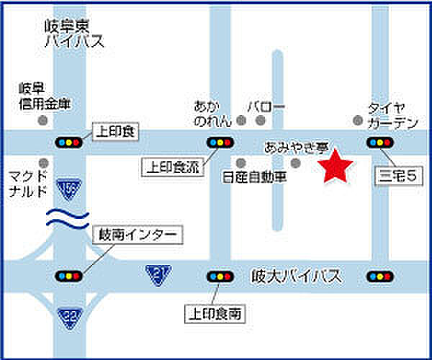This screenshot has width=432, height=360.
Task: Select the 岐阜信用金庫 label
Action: (45, 97)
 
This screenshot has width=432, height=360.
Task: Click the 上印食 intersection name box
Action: (115, 132)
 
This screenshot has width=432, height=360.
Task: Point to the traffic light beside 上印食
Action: (69, 142)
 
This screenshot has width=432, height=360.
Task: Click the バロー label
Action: (266, 107)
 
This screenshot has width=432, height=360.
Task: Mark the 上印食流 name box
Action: (174, 168)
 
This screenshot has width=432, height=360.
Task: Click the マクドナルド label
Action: (29, 184)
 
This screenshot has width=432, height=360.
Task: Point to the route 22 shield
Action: (70, 315)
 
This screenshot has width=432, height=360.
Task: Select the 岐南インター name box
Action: (139, 235)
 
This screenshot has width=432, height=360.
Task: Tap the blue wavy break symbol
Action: (68, 218)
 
